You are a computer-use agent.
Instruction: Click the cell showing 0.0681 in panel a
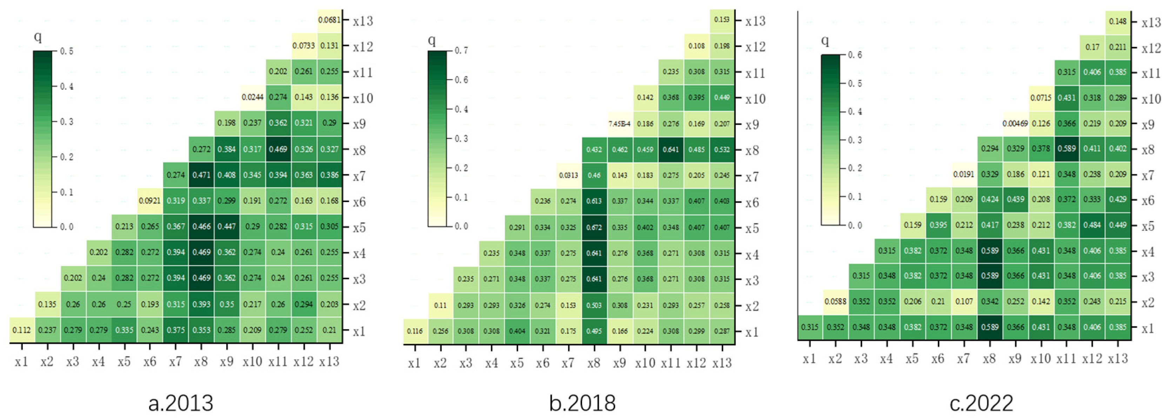tap(329, 20)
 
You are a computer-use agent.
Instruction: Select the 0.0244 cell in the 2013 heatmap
tap(252, 97)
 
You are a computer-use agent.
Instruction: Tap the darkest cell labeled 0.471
tap(201, 175)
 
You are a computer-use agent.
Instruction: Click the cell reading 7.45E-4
tap(620, 124)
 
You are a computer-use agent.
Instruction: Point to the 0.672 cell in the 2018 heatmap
tap(594, 227)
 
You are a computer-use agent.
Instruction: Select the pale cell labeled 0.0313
tap(568, 176)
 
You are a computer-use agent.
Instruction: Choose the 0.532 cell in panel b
tap(722, 149)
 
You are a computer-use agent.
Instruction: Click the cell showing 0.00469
tap(1015, 123)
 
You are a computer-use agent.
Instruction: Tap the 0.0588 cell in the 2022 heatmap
tap(835, 301)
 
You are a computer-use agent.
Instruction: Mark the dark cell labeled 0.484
tap(1092, 225)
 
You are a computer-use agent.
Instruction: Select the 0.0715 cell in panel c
tap(1041, 98)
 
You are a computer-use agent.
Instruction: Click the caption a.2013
tap(181, 403)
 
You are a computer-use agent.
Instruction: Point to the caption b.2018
tap(582, 403)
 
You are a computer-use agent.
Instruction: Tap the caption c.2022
tap(981, 403)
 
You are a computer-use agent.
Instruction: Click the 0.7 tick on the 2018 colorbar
tap(461, 51)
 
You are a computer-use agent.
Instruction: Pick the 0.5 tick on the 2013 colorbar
tap(67, 51)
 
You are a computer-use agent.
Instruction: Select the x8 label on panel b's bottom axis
tap(594, 363)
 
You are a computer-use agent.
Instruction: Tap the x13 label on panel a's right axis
tap(363, 21)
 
